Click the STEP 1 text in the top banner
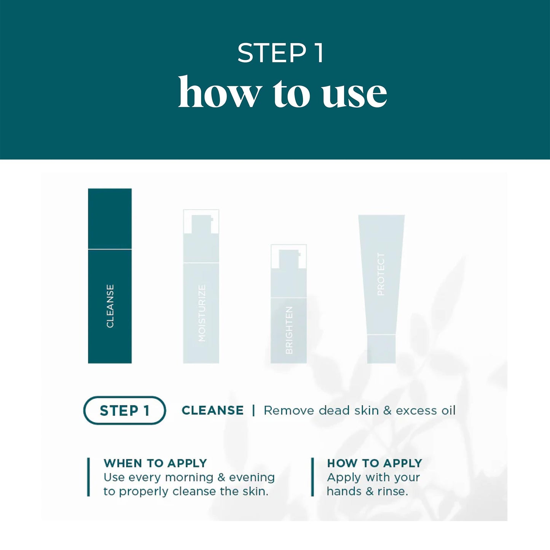[281, 53]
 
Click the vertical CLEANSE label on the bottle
[110, 306]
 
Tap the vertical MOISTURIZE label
[202, 312]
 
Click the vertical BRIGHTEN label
[289, 330]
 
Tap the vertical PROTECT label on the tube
[381, 274]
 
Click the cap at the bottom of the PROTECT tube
[381, 349]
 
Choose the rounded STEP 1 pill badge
[124, 410]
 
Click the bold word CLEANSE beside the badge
[212, 410]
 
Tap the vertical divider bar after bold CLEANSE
[253, 410]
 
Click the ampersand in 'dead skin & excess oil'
[387, 411]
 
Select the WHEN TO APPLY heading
[155, 463]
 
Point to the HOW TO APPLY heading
[375, 463]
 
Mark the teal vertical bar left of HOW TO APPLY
[312, 477]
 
